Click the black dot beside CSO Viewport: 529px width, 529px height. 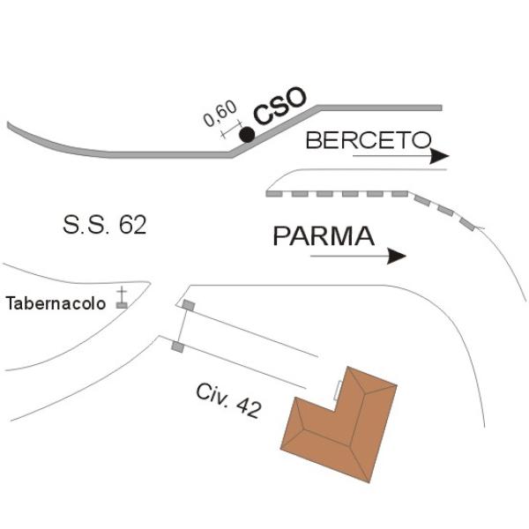tap(247, 135)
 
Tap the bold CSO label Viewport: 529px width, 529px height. tap(280, 105)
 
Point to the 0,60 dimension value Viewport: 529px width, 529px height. tap(220, 114)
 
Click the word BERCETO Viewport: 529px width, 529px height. tap(369, 140)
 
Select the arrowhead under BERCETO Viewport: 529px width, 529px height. tap(440, 156)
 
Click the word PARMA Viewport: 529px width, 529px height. tap(324, 236)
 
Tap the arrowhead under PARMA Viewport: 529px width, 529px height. tap(397, 257)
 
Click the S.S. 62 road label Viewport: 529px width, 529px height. tap(105, 225)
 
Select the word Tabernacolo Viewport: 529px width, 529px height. tap(56, 303)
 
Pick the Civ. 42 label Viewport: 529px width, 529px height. tap(228, 401)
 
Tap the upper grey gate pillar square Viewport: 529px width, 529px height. tap(189, 305)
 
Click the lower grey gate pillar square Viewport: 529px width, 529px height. tap(178, 346)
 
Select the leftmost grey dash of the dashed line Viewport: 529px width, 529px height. tap(274, 194)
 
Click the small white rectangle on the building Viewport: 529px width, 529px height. tap(337, 391)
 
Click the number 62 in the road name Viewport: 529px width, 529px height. tap(132, 225)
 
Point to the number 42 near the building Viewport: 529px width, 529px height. tap(249, 408)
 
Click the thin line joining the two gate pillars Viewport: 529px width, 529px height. tap(183, 326)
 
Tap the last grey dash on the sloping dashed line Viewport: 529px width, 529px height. tap(467, 224)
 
